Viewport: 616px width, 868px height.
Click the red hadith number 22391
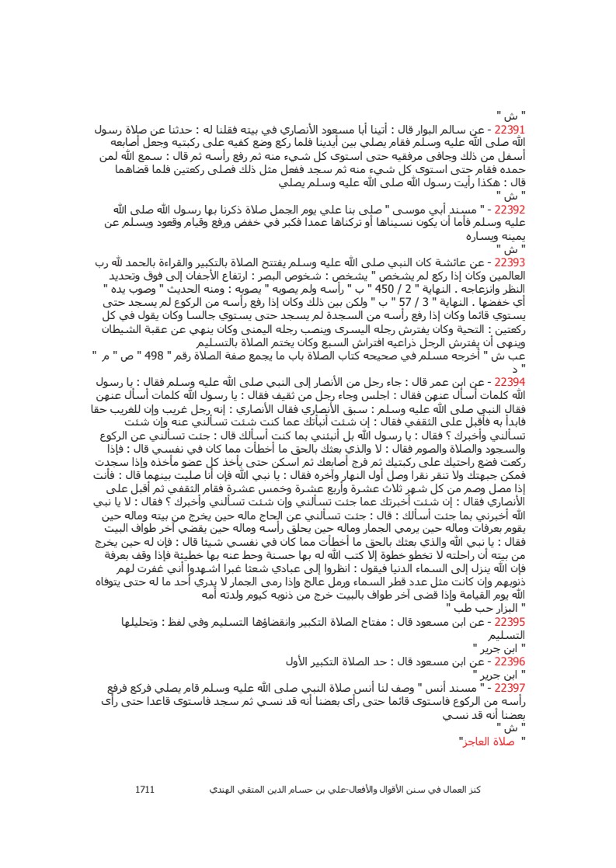pos(510,130)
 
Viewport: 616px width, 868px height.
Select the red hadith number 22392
pos(510,209)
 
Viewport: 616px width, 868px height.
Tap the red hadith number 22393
pos(510,262)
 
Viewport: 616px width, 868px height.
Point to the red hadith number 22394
pos(510,383)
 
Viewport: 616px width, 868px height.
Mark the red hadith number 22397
pos(510,688)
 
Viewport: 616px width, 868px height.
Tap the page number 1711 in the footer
pos(145,789)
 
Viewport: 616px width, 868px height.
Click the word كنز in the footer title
pos(475,789)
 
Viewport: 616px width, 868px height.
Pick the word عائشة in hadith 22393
pos(454,262)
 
